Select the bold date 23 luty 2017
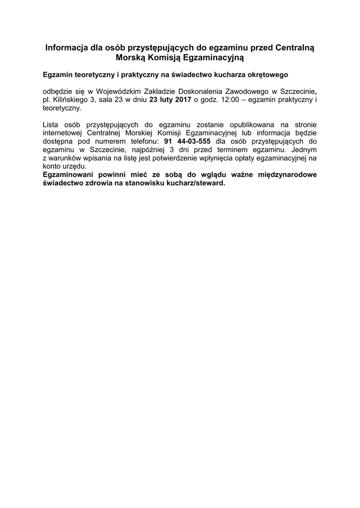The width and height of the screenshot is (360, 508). (x=170, y=99)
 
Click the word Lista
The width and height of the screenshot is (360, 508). (x=51, y=124)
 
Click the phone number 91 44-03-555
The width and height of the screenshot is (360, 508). (x=184, y=141)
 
